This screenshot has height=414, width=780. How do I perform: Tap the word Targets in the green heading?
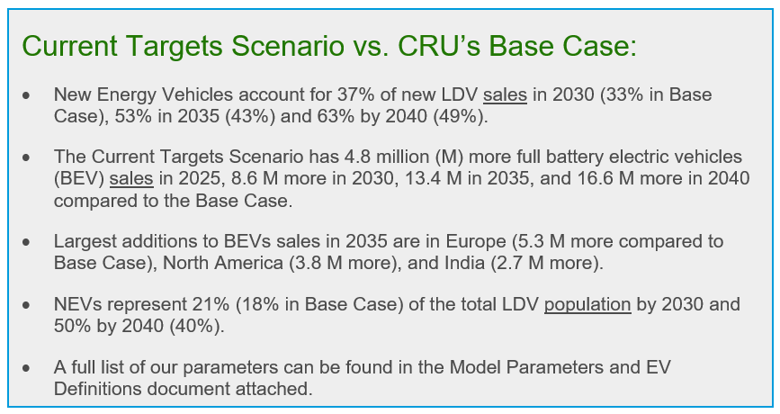pyautogui.click(x=175, y=46)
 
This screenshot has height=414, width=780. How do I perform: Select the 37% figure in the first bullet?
pyautogui.click(x=354, y=94)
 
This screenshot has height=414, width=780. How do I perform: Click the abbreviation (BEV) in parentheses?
pyautogui.click(x=78, y=178)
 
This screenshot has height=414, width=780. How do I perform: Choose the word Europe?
pyautogui.click(x=476, y=241)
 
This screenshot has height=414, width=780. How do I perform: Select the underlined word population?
pyautogui.click(x=587, y=304)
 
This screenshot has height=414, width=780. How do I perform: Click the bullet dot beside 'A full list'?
pyautogui.click(x=26, y=368)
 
